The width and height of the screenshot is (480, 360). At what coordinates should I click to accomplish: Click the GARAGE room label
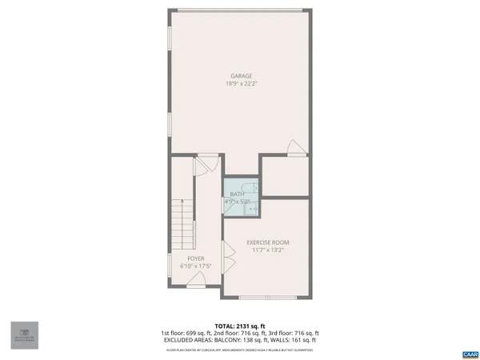pos(242,76)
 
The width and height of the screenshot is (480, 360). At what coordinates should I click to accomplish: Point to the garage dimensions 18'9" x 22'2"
pos(242,84)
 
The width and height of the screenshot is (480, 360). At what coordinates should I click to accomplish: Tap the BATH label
pos(237,194)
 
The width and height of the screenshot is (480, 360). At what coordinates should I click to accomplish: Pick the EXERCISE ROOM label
pos(267,242)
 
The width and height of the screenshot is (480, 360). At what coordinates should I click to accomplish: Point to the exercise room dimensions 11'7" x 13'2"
pos(267,250)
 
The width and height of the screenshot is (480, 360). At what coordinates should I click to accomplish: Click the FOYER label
pos(196,258)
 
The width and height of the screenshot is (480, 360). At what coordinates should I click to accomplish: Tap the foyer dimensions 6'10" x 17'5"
pos(196,266)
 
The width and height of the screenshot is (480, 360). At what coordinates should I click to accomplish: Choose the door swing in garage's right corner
pos(295,148)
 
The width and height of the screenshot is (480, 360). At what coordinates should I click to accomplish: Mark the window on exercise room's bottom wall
pos(267,297)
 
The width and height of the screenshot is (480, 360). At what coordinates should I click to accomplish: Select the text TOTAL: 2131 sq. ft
pos(241,326)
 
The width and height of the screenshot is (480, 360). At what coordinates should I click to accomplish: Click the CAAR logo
pos(470,353)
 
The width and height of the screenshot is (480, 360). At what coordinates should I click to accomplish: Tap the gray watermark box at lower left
pos(24,335)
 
